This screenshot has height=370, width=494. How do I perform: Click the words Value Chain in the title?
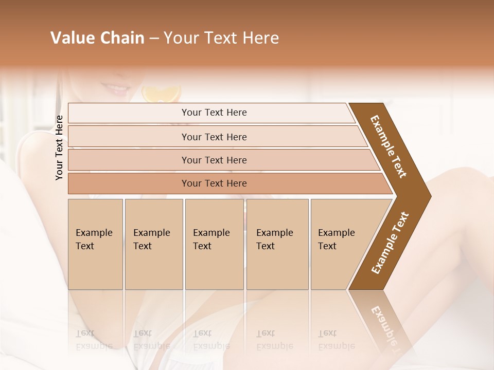tap(97, 38)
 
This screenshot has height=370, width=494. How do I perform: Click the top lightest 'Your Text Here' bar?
tap(214, 113)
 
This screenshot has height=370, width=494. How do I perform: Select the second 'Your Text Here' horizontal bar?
tap(214, 137)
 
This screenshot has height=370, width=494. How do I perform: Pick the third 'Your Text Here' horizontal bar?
tap(214, 160)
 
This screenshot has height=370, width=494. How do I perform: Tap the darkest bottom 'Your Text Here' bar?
tap(214, 183)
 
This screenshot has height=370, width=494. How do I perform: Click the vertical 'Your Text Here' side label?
tap(59, 147)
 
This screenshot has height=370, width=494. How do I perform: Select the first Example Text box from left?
tap(95, 244)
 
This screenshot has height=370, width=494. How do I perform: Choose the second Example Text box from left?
tap(153, 244)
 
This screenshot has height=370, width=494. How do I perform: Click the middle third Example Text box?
tap(214, 244)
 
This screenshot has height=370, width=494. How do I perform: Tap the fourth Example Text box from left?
tap(277, 244)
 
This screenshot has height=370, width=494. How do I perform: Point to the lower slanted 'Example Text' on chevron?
tap(390, 243)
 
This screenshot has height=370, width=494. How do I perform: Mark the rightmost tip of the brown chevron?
tap(430, 196)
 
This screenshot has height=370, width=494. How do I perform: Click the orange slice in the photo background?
tap(162, 94)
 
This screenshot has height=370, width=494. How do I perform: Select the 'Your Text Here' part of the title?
tap(221, 38)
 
